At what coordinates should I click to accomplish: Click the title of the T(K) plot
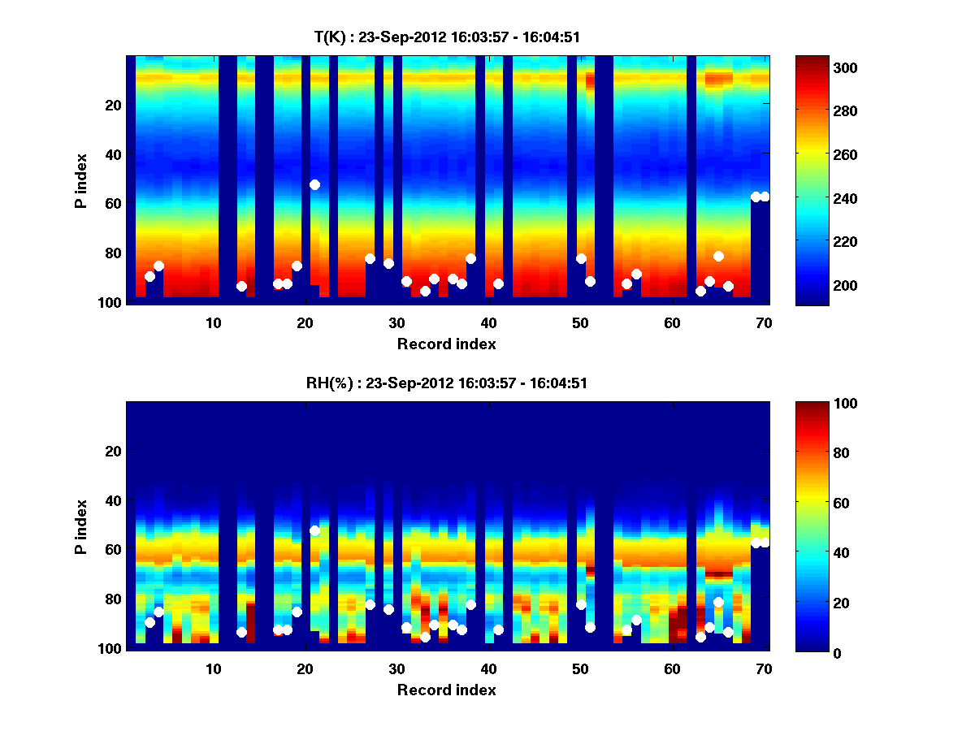coord(447,37)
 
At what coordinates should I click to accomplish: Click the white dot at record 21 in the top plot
coord(314,185)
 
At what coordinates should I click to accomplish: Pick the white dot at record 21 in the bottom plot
coord(314,530)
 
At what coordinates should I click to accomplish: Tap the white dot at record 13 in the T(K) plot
coord(241,286)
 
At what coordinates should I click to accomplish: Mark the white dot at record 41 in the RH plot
coord(498,629)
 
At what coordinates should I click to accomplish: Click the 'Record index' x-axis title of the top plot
coord(446,344)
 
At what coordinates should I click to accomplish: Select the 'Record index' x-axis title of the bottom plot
coord(446,690)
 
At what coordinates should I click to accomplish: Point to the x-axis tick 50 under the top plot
coord(580,322)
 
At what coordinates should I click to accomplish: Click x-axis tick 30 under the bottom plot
coord(396,668)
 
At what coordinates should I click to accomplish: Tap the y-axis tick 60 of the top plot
coord(112,203)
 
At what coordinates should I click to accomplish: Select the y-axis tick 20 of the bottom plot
coord(112,451)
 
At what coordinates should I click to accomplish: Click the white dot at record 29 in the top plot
coord(388,263)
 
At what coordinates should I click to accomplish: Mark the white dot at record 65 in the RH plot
coord(718,602)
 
